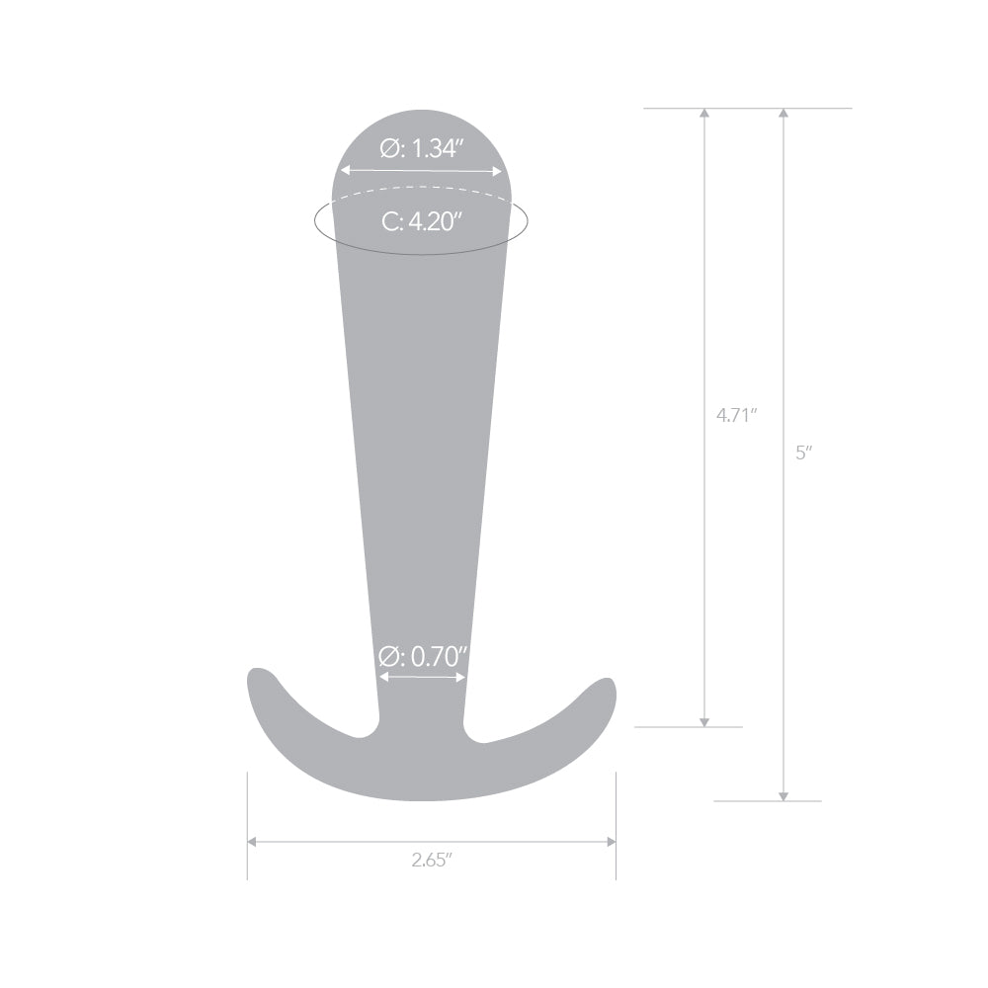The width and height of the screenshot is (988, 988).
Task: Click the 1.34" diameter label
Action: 423,149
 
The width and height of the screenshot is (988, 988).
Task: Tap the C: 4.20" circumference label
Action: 423,221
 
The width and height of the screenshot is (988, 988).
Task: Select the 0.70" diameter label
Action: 423,655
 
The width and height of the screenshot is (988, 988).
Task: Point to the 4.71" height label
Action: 737,415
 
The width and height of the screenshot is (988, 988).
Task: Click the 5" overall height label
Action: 804,453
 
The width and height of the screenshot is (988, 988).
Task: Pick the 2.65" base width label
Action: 432,860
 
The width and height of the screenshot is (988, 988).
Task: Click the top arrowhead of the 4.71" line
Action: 704,115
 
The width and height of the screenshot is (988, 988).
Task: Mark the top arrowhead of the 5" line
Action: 783,115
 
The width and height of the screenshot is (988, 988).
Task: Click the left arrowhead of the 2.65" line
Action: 253,842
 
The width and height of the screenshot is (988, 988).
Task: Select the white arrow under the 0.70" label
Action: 422,677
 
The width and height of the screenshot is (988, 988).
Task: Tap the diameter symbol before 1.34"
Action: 390,149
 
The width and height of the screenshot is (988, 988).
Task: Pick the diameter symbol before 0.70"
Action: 389,655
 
